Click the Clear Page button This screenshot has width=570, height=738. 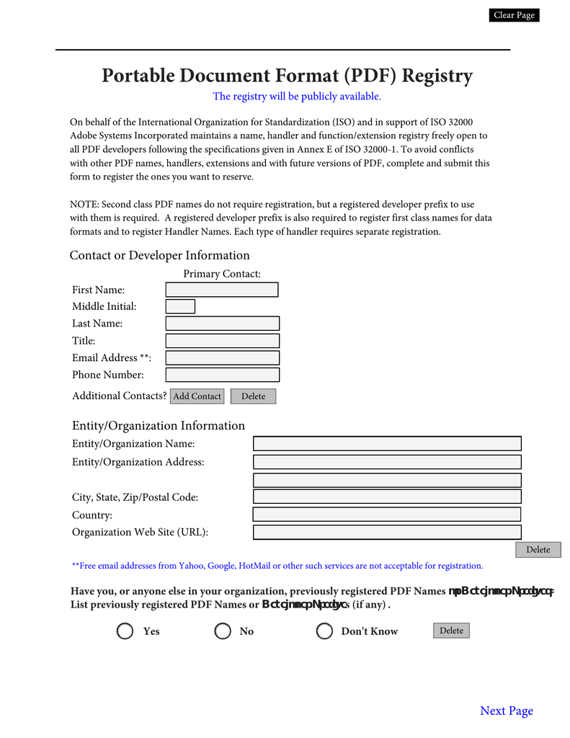[x=514, y=15]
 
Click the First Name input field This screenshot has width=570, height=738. [x=222, y=290]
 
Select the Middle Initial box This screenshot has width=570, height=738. [x=180, y=306]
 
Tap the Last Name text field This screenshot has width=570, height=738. [x=222, y=324]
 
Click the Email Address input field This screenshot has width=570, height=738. [x=222, y=357]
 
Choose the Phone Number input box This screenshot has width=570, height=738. [x=222, y=375]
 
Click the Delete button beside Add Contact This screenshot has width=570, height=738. [x=253, y=396]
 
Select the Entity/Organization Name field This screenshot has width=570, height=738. [x=387, y=444]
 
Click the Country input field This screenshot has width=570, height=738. [x=387, y=515]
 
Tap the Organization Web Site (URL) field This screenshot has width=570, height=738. [x=387, y=532]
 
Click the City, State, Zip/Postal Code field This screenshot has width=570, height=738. [x=387, y=497]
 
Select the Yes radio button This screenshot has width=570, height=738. [x=125, y=631]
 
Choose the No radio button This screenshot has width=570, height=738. [x=223, y=631]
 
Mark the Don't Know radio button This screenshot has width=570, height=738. [x=324, y=631]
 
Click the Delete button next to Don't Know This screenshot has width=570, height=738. [x=451, y=631]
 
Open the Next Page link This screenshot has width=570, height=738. [x=507, y=711]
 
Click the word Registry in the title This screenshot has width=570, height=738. [x=437, y=76]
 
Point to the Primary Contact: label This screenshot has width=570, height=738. [x=222, y=273]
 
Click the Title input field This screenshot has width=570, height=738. [x=222, y=341]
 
